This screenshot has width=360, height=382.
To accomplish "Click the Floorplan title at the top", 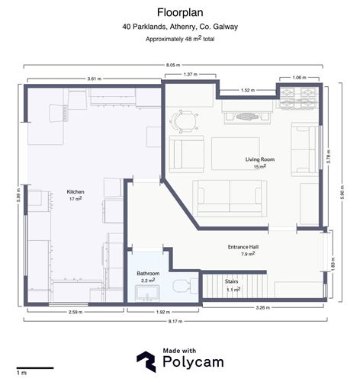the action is [x=180, y=13].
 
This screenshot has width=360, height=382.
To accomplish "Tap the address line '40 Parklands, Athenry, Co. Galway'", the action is [x=180, y=27].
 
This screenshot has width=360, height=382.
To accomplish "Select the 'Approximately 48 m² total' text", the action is [x=180, y=39].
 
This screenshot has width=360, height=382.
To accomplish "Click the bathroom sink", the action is [x=147, y=294].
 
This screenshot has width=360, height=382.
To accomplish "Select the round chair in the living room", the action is [x=185, y=121].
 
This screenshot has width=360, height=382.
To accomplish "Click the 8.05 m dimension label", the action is [x=173, y=65].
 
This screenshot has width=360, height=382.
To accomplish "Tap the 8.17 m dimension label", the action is [x=175, y=321].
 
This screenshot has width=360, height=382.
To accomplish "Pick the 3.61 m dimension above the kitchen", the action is [x=95, y=79].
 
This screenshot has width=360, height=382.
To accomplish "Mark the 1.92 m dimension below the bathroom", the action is [x=163, y=312].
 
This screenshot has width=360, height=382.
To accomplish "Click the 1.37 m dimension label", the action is [x=191, y=75].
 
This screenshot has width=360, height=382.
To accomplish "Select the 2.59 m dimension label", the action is [x=76, y=312].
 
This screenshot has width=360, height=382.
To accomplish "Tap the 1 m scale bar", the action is [x=35, y=368].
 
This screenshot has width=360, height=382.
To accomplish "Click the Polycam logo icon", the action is [x=146, y=361].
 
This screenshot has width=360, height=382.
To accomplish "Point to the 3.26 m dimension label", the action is [x=263, y=307].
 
